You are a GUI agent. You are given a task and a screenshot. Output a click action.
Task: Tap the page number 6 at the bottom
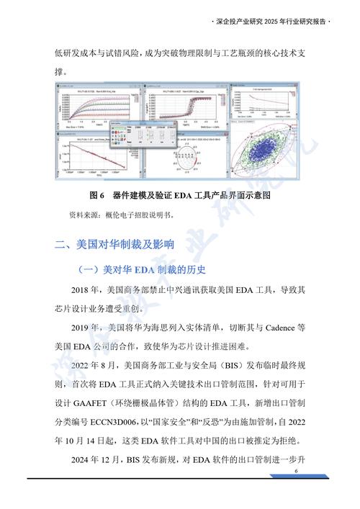[296, 471]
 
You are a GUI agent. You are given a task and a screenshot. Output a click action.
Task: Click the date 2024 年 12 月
[101, 459]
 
